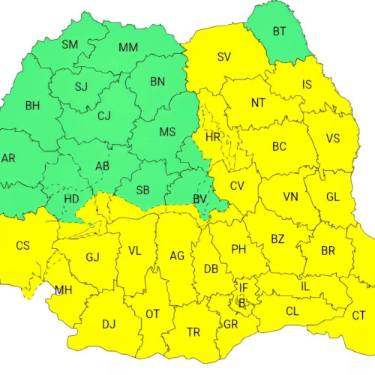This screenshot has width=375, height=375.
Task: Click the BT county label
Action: coord(279,31)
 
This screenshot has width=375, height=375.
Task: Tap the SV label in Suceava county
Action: coord(224,57)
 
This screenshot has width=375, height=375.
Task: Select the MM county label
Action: coord(128,48)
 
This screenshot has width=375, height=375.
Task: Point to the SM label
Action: coord(70,45)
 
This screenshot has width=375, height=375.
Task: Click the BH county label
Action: coord(32,106)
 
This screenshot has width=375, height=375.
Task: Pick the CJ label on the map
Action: coord(103,115)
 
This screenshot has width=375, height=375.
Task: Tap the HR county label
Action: coord(213,138)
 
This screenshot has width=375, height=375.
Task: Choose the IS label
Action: coord(307,85)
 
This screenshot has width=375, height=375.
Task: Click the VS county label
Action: coord(333,138)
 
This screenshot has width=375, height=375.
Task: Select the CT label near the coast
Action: coord(358,316)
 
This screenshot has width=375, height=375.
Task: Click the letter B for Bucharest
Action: coord(241,304)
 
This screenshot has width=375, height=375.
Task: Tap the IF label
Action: coord(243,287)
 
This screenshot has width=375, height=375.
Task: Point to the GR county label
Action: coord(230,325)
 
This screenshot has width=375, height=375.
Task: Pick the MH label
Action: coord(64,290)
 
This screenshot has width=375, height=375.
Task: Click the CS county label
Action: coord(23,245)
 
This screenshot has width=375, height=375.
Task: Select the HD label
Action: coord(72,199)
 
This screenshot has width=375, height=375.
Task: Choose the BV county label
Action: coord(199,199)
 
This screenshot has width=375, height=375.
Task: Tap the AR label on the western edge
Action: coord(8,158)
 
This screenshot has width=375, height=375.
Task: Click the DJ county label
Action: coord(109,324)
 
